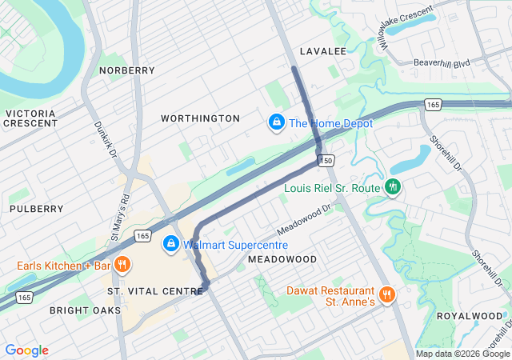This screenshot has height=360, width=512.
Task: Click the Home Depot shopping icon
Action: click(276, 122)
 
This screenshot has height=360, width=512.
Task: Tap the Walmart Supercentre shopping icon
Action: click(170, 244)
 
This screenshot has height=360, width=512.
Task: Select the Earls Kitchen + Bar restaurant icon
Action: click(122, 265)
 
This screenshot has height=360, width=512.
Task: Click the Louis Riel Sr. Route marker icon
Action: click(392, 187)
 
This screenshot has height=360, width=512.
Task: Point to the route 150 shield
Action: click(326, 161)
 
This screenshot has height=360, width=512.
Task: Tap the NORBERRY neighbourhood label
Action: click(126, 70)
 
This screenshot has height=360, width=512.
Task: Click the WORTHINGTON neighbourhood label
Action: click(200, 118)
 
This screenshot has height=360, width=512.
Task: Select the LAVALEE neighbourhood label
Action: click(322, 51)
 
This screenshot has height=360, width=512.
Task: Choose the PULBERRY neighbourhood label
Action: click(36, 209)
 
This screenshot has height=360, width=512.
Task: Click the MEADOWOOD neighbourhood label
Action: click(282, 260)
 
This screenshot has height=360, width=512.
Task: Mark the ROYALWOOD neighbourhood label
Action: click(469, 316)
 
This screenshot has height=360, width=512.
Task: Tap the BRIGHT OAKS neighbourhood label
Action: click(85, 310)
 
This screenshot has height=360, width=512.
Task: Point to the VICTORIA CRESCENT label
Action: click(31, 118)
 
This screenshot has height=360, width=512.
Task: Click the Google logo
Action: click(26, 350)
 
